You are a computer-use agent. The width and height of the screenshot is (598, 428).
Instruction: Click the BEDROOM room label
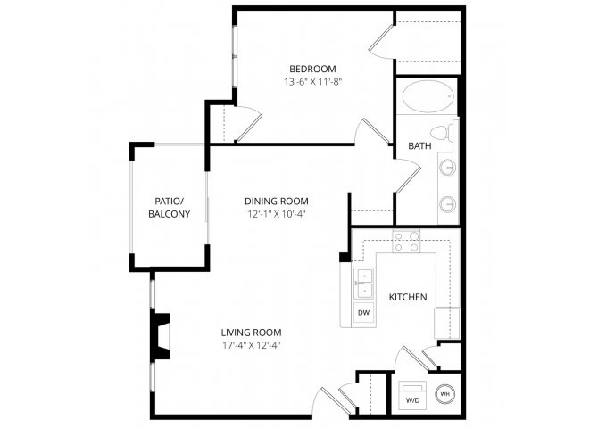click(312, 69)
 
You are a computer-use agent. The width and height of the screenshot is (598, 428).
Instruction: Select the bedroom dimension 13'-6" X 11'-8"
click(312, 82)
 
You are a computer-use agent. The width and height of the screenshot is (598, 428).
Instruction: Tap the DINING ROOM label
click(277, 202)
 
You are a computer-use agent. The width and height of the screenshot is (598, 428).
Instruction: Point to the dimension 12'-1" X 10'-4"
click(277, 214)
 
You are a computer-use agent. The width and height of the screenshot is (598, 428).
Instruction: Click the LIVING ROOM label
click(252, 333)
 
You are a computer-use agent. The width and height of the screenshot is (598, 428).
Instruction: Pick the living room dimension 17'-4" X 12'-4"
click(252, 346)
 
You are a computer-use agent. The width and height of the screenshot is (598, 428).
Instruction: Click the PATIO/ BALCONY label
click(169, 208)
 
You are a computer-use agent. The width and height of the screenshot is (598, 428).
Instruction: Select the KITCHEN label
click(408, 297)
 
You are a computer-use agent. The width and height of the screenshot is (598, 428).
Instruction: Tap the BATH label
click(419, 146)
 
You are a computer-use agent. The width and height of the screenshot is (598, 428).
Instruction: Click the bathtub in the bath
click(428, 96)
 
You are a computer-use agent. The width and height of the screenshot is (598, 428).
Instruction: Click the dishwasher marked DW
click(364, 313)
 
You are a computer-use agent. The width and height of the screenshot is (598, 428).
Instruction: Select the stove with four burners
click(406, 242)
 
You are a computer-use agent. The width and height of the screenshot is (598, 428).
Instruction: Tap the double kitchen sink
click(364, 284)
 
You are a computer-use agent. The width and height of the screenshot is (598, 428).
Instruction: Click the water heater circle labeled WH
click(445, 394)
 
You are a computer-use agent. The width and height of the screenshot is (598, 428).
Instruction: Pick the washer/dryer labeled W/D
click(412, 395)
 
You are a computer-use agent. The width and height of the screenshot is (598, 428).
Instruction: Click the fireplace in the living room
click(161, 336)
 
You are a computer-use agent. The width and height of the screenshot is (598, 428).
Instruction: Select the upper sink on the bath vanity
click(448, 168)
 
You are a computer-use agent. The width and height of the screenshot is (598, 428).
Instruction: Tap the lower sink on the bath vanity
click(448, 204)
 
